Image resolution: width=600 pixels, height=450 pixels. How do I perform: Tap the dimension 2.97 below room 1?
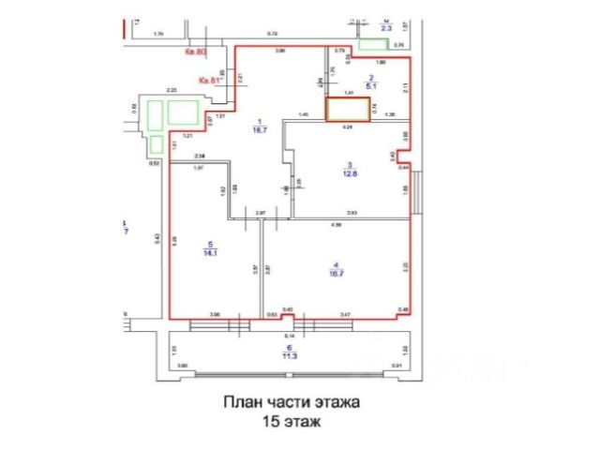click(262, 215)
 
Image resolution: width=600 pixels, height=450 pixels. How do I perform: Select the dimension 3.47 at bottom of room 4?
click(345, 313)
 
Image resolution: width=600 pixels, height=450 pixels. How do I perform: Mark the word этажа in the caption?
click(334, 403)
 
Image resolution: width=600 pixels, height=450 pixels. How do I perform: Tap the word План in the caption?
click(240, 403)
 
